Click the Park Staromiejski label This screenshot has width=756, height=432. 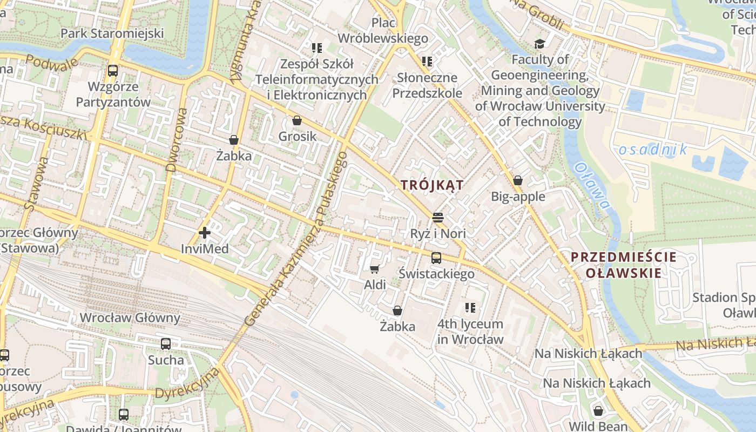(112, 33)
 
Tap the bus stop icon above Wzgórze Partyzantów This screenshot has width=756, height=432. (113, 70)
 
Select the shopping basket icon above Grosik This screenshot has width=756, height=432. (296, 120)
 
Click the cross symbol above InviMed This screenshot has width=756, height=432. (205, 233)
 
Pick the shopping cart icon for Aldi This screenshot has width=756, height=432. (375, 268)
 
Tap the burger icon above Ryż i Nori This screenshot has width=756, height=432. (437, 218)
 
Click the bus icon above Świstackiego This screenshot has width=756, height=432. (436, 258)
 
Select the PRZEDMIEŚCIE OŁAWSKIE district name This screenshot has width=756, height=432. (623, 265)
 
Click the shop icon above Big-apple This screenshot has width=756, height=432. (518, 180)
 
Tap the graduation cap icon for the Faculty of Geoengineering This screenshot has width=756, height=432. (539, 44)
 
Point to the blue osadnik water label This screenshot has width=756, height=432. (653, 150)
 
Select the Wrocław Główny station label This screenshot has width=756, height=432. (130, 318)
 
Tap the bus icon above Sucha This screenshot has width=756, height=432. (166, 343)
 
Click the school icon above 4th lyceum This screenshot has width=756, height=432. (470, 308)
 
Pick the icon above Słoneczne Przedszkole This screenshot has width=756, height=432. (427, 62)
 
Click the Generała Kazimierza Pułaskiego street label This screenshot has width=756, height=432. (295, 238)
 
